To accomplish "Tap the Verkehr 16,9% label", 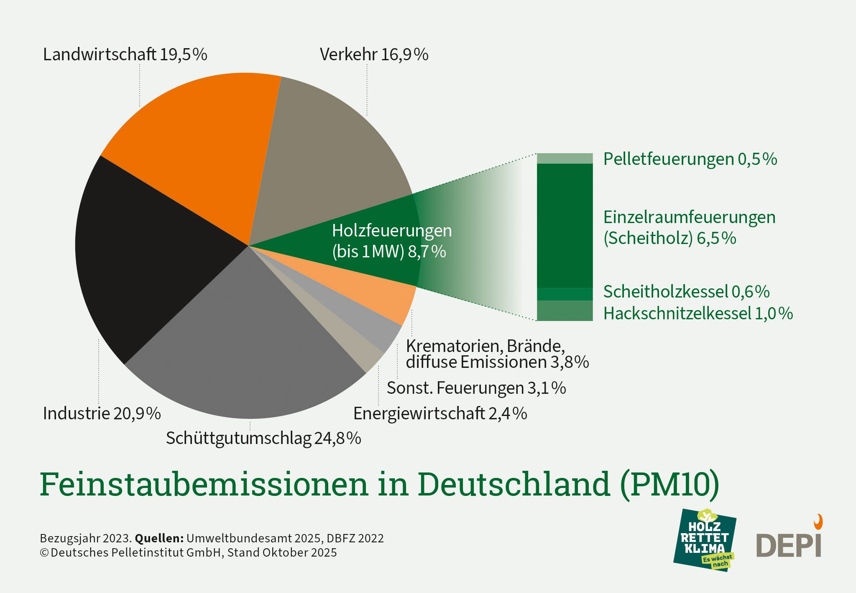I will [374, 54].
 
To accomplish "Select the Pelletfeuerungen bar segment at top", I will [565, 158].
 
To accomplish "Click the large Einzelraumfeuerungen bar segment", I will [565, 226].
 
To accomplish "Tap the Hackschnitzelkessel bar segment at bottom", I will [565, 311].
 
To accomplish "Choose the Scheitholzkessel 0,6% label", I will [686, 292].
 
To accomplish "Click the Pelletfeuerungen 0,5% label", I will [690, 159].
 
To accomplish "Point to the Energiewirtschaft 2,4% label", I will [440, 413].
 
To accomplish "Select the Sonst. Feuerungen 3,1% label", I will [476, 388].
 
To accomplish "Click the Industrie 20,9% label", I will [102, 413].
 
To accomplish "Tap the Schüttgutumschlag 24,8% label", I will [263, 438].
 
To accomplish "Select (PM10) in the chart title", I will [669, 484].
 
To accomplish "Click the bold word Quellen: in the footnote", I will [159, 538].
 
